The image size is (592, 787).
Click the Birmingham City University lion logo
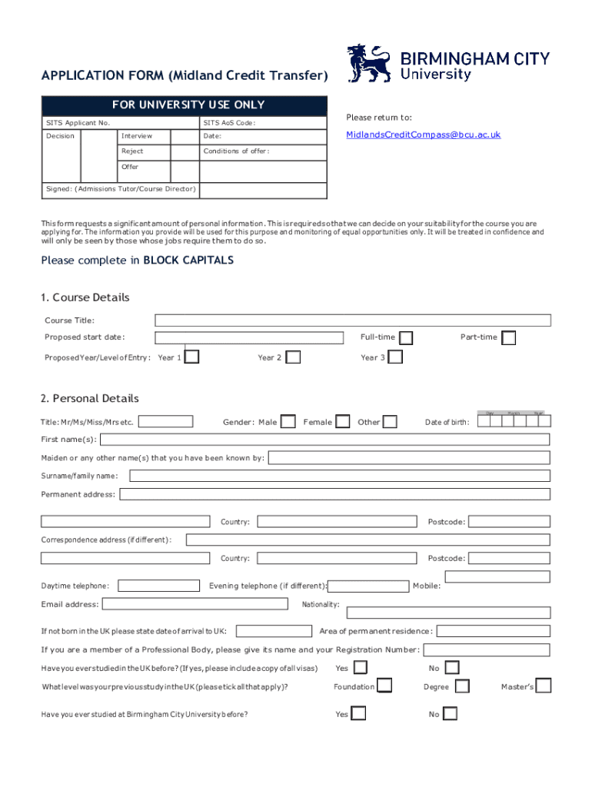point(370,64)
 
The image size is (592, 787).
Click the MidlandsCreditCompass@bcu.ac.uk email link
point(423,134)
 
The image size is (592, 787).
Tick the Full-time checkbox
point(405,338)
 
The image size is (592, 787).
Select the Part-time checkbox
point(508,338)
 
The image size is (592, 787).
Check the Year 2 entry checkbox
point(293,357)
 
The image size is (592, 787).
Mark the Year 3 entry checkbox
point(395,357)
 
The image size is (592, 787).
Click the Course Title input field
point(352,320)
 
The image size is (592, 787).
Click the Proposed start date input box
point(249,338)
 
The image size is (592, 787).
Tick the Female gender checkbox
point(343,421)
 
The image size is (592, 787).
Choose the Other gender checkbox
point(390,421)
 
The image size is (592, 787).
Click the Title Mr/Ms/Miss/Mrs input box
point(165,421)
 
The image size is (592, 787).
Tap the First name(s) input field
point(324,440)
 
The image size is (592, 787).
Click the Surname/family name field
point(339,476)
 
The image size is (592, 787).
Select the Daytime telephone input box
point(158,586)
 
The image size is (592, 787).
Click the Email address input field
point(195,604)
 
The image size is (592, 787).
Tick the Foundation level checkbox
point(384,686)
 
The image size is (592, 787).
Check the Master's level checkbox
point(544,686)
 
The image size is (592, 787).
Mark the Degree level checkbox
point(462,686)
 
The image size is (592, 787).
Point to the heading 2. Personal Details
point(90,398)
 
